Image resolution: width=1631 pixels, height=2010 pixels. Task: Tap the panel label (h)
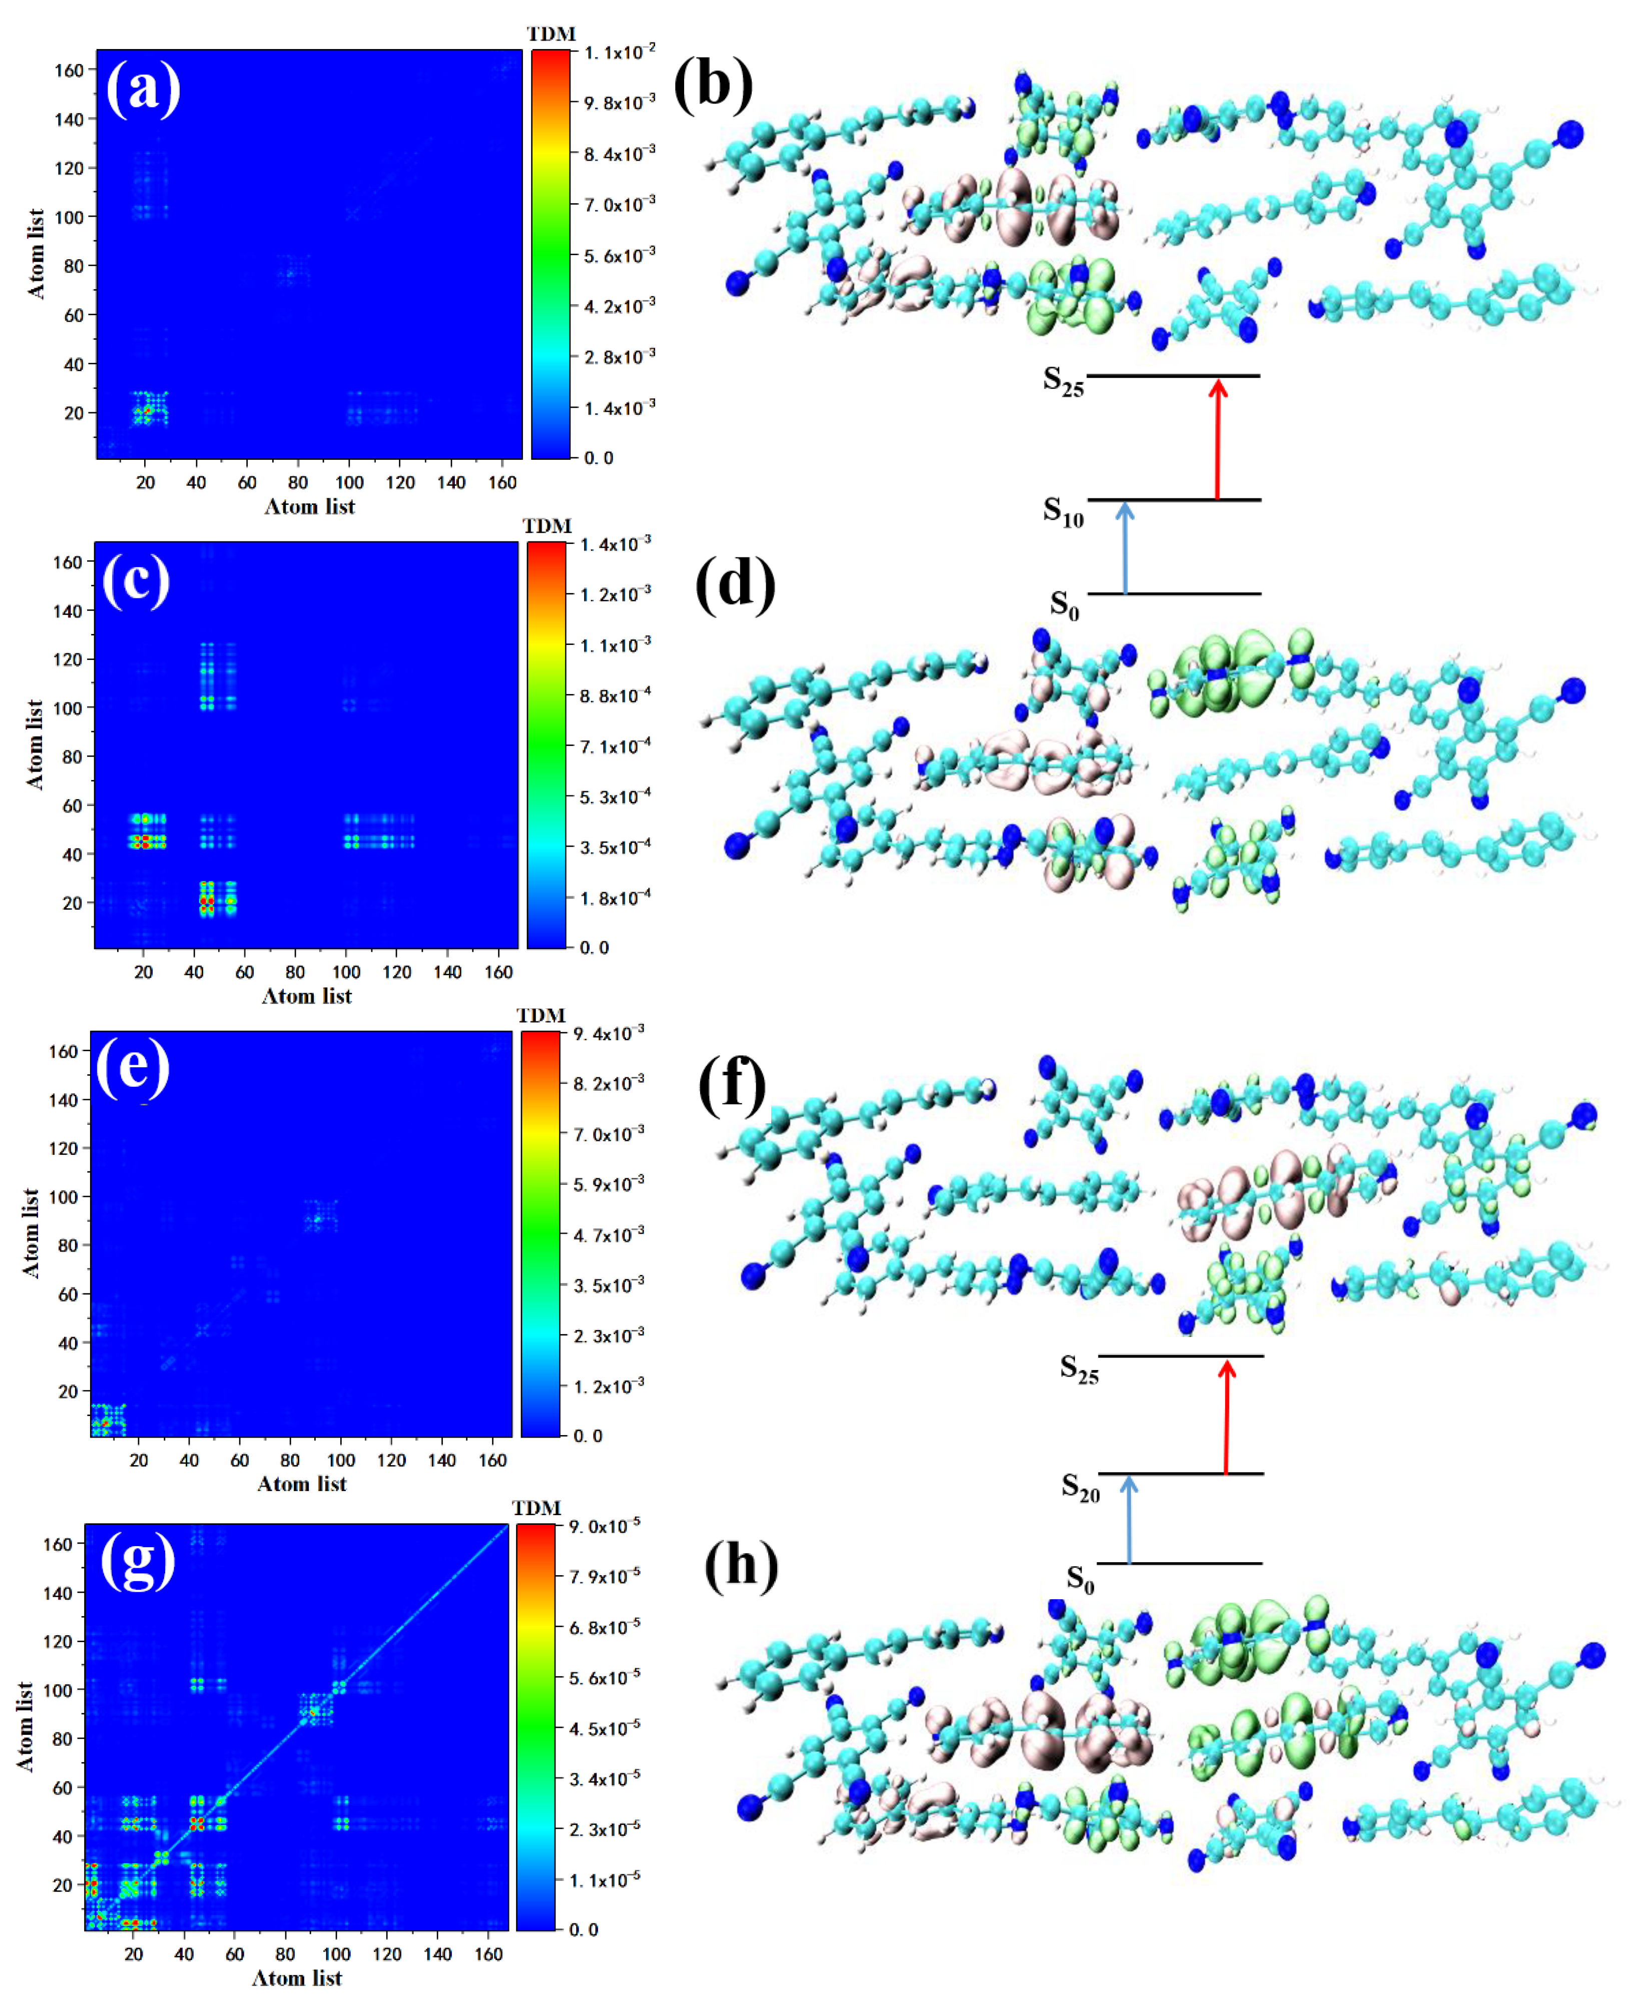[x=741, y=1565]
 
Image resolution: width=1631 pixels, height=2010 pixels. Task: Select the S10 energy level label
[x=1062, y=512]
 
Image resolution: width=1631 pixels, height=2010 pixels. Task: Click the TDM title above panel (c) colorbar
[x=547, y=526]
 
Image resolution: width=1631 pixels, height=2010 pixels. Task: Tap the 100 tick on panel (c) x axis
[x=346, y=972]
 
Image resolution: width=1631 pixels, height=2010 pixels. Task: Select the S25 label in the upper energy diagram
[x=1062, y=381]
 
